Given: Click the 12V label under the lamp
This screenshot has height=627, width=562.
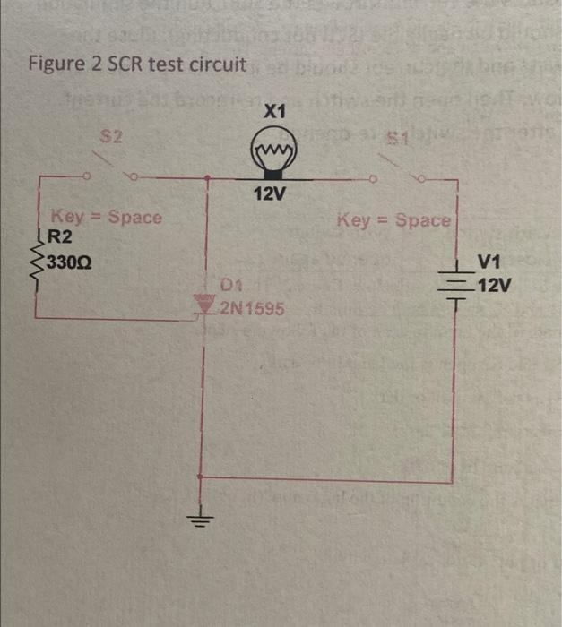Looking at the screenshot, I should click(x=268, y=194).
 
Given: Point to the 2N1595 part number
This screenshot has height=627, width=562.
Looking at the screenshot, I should click(x=253, y=309).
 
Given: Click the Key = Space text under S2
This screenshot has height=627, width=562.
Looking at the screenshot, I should click(x=107, y=217).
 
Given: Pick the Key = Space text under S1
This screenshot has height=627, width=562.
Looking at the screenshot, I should click(x=395, y=219).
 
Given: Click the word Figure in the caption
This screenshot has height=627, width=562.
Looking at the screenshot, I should click(x=52, y=65).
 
